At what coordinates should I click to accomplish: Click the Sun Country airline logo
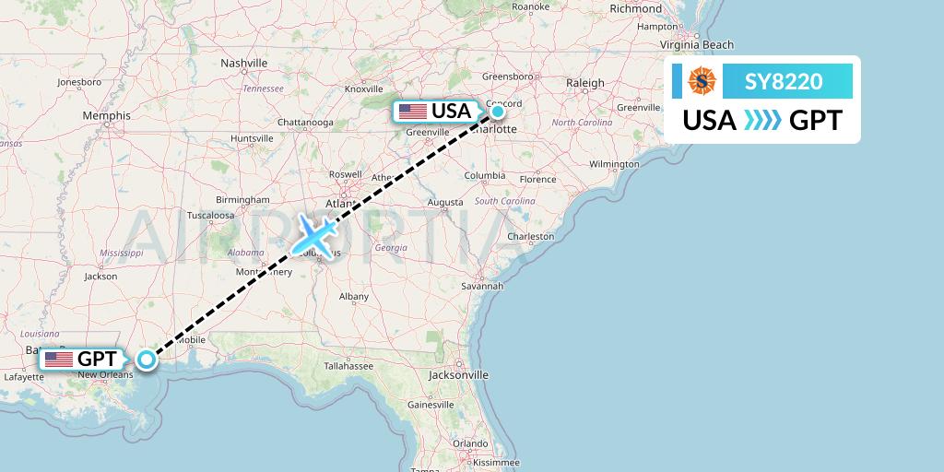tap(702, 82)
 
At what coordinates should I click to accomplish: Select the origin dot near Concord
tap(498, 112)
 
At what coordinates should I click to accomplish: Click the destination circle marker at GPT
tap(146, 360)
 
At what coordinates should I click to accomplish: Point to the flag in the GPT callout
tap(59, 360)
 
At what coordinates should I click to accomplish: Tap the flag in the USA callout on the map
tap(412, 112)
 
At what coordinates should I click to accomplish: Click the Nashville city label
tap(243, 63)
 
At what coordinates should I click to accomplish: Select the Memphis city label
tap(106, 115)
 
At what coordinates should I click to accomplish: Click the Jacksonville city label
tap(458, 375)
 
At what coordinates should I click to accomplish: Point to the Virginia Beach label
tap(696, 44)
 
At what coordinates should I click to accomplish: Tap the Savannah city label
tap(483, 287)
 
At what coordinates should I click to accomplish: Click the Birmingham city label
tap(242, 200)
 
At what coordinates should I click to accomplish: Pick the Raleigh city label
tap(585, 83)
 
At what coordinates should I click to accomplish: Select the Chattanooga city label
tap(305, 122)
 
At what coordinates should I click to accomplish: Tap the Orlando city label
tap(469, 442)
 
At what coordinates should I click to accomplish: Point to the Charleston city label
tap(530, 236)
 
